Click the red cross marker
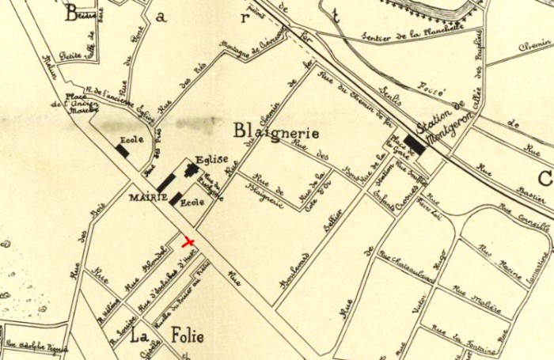[x=188, y=241]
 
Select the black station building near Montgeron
[x=415, y=146]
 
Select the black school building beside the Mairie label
[x=176, y=199]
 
